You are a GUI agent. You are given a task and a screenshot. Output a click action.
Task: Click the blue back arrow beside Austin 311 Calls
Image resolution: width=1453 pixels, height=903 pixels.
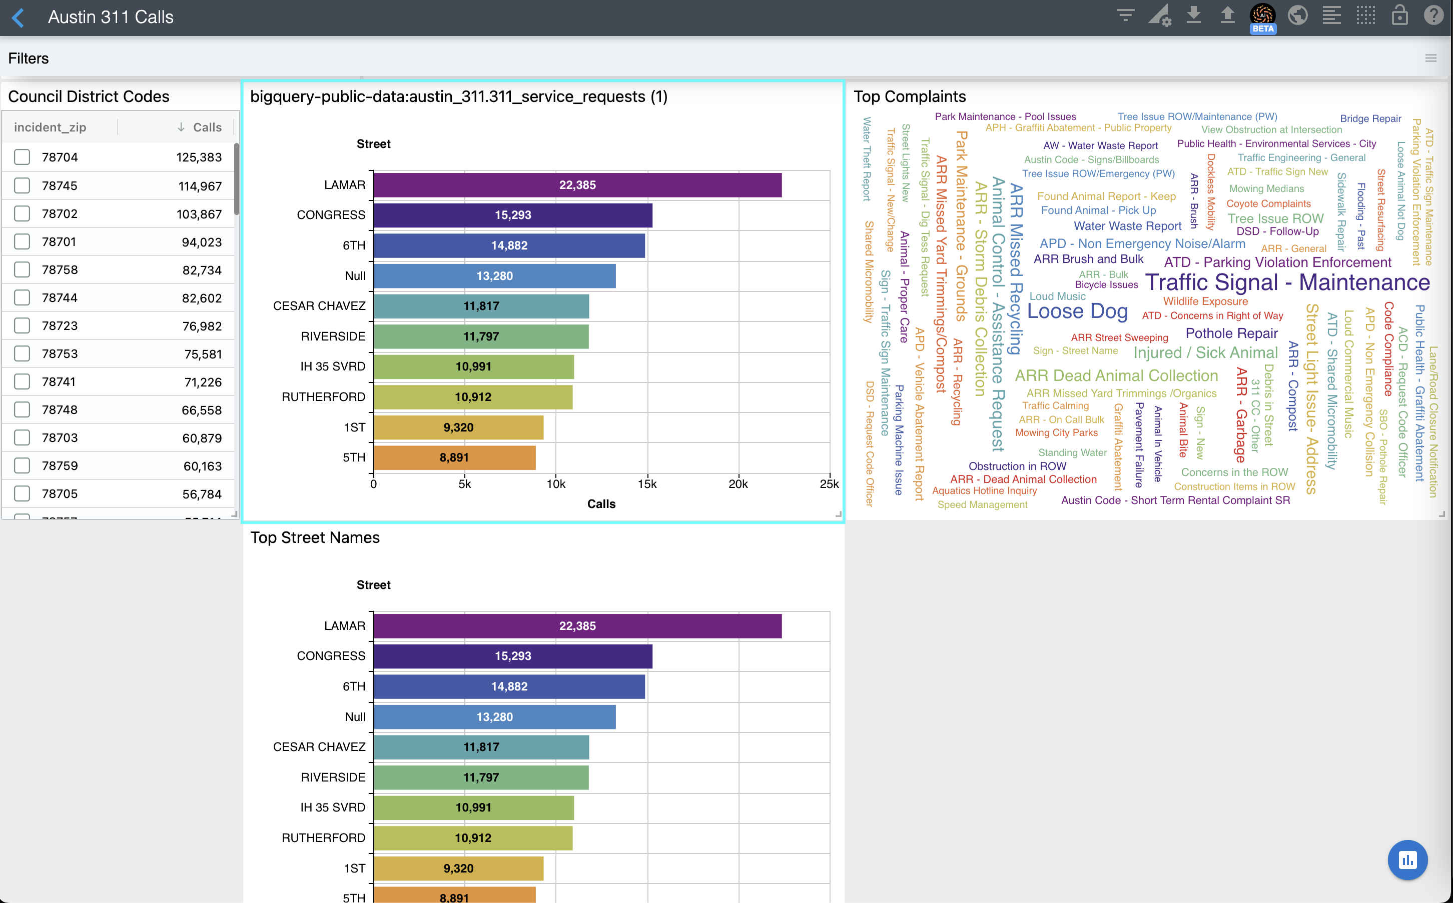point(19,17)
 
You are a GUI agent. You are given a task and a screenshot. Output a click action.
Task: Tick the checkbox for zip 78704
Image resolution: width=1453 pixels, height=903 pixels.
point(22,157)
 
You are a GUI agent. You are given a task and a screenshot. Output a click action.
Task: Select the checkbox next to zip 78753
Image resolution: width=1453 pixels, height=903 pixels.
point(22,353)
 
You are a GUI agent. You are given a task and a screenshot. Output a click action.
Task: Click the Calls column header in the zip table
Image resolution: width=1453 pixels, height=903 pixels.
point(207,127)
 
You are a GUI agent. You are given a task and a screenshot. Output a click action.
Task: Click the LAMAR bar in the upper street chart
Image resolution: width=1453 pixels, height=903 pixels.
point(577,185)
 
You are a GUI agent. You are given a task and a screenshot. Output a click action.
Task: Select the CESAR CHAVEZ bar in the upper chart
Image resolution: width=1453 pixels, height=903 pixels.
point(481,306)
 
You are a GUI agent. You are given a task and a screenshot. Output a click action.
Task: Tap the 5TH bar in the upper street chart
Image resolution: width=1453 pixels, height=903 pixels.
point(454,457)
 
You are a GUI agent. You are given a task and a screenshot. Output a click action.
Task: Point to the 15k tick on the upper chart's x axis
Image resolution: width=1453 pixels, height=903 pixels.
point(647,484)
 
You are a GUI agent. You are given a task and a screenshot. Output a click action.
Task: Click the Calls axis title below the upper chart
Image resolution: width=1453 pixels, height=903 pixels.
point(601,504)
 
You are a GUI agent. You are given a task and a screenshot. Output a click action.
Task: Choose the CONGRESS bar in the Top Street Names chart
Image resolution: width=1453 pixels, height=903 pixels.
point(513,656)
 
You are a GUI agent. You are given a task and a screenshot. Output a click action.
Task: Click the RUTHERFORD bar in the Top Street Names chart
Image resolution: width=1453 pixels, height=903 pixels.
point(473,838)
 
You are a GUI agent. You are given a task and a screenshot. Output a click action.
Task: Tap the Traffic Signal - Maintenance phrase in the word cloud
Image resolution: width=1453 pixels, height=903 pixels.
point(1287,282)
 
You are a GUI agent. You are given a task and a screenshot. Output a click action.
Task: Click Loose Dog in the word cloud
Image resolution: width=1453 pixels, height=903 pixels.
point(1077,311)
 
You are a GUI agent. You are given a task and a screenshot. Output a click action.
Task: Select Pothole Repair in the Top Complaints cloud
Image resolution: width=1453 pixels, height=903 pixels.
point(1231,333)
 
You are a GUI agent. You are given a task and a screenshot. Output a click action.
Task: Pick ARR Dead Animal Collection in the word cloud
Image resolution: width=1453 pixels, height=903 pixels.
point(1116,375)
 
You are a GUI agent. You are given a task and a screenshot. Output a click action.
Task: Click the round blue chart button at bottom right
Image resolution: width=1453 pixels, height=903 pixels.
point(1407,860)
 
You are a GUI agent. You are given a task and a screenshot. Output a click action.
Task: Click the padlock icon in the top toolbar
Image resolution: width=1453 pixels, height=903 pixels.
point(1399,15)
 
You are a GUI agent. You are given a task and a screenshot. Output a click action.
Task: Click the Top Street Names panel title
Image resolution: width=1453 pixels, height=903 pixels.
point(315,537)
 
